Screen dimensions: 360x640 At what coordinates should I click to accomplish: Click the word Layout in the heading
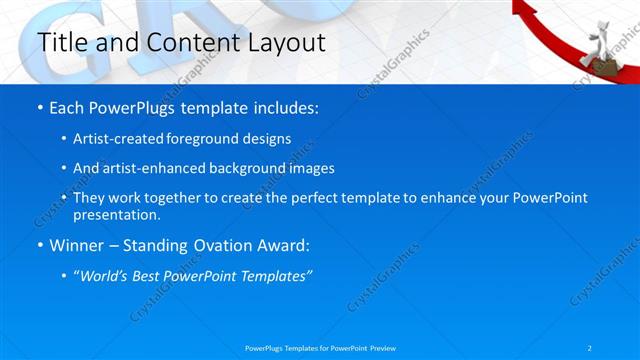point(284,42)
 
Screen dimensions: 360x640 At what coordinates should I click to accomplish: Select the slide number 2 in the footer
point(591,347)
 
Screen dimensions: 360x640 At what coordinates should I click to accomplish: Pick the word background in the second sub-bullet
point(254,168)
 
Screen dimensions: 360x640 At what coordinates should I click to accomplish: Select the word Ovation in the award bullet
point(227,246)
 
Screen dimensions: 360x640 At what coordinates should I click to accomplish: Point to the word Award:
point(286,246)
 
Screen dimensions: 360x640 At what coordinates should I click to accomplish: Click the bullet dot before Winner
point(39,246)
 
